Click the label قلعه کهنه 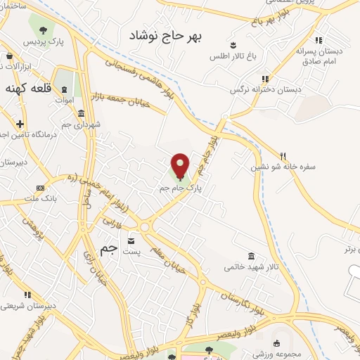click(x=26, y=88)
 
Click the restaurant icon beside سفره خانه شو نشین click(x=283, y=156)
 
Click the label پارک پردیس click(x=44, y=43)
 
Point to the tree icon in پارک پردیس click(x=43, y=30)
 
